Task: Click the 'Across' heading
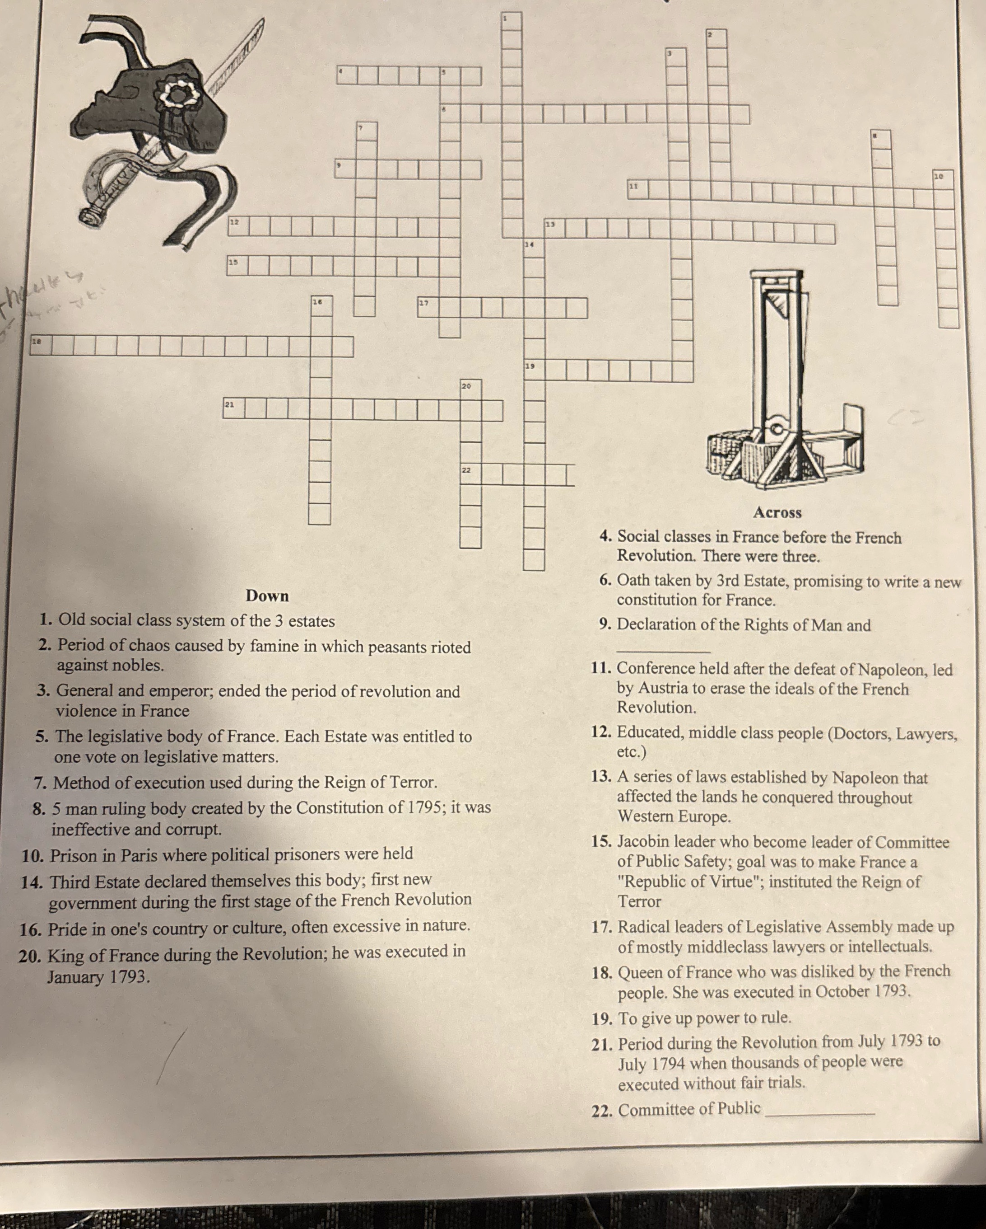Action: coord(777,512)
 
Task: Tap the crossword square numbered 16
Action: coord(321,305)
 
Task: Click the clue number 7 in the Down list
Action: coord(39,783)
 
